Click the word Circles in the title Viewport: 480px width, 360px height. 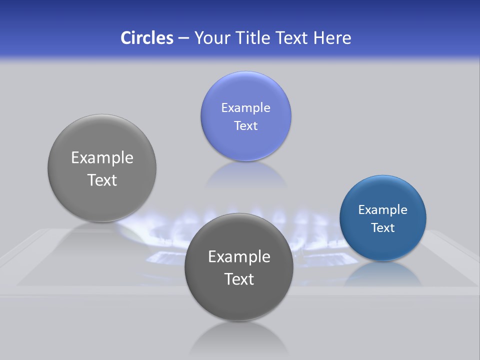click(x=146, y=38)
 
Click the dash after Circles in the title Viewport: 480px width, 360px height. click(x=183, y=38)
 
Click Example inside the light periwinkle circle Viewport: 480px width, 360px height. click(x=245, y=108)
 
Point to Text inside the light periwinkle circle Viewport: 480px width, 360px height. click(x=245, y=126)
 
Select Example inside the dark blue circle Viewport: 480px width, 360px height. click(x=382, y=210)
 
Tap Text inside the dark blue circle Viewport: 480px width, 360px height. click(x=382, y=228)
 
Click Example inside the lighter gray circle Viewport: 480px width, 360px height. click(x=102, y=158)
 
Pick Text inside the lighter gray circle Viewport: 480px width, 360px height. click(x=102, y=180)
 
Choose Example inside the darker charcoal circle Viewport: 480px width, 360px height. click(x=239, y=257)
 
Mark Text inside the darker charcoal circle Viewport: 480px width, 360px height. click(x=239, y=279)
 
